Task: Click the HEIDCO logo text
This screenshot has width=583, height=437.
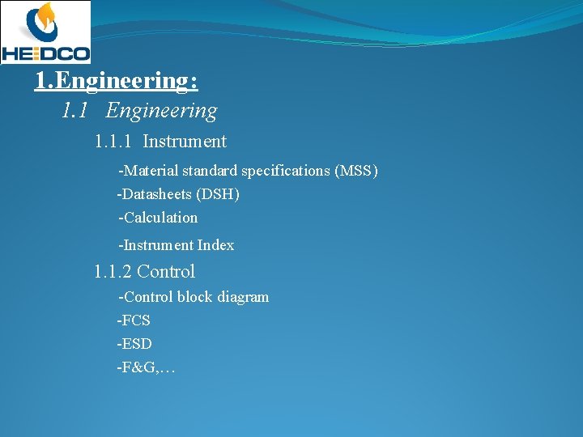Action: (45, 53)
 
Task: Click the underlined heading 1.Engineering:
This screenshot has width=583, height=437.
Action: (116, 81)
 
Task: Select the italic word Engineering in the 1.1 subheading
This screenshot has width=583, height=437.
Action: (161, 111)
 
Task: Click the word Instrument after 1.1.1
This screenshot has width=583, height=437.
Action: (185, 142)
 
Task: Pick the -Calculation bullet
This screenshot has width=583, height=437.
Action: (158, 218)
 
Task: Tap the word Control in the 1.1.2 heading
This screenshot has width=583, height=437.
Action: (166, 272)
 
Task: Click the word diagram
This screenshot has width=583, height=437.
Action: (241, 297)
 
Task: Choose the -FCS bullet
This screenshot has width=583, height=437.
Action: (134, 320)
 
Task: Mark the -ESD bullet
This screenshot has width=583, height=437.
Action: (134, 344)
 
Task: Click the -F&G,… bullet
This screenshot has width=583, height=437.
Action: (146, 367)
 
